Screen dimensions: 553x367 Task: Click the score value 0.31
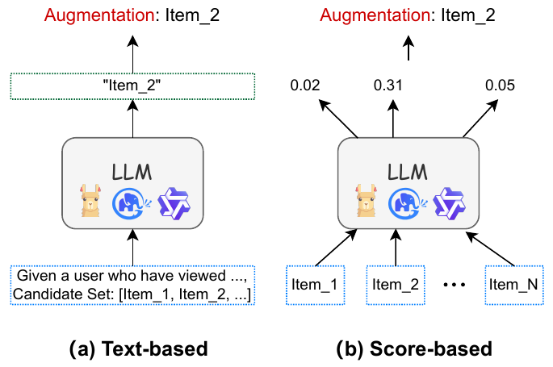click(388, 85)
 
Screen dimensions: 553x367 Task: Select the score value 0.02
click(305, 85)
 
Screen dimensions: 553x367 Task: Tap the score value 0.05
click(500, 85)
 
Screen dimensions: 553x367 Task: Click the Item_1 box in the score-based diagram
click(315, 285)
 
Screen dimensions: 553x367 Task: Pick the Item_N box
click(514, 285)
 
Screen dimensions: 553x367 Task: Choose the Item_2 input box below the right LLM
click(396, 285)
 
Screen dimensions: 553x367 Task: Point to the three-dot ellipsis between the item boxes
click(455, 284)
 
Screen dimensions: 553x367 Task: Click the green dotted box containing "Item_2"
click(132, 86)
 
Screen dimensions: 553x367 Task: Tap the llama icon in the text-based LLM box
click(90, 200)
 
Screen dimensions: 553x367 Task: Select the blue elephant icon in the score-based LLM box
click(407, 203)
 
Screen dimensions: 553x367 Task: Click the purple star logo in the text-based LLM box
click(174, 203)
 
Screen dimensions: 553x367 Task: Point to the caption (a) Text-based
click(138, 348)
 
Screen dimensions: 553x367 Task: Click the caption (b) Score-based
click(414, 348)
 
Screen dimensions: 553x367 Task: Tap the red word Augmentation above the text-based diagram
click(99, 15)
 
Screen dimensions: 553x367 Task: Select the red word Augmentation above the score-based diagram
click(375, 15)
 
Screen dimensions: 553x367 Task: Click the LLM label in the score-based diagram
click(408, 173)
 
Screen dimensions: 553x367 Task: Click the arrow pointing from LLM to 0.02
click(338, 119)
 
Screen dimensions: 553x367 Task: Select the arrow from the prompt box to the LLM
click(132, 247)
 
